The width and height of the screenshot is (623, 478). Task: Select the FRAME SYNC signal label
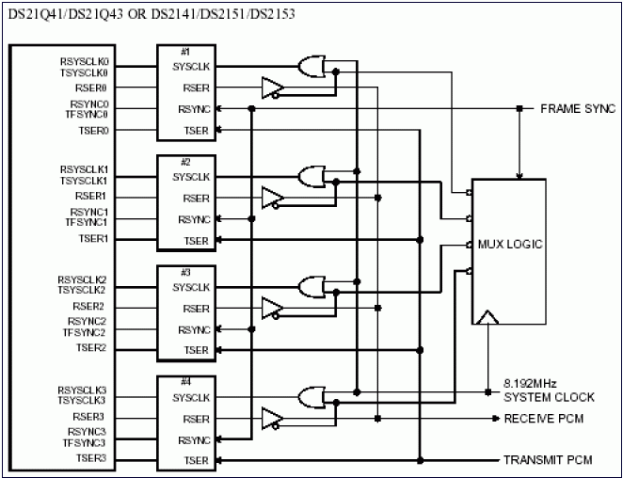pyautogui.click(x=577, y=109)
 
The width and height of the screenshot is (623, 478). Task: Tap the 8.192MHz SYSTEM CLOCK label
pyautogui.click(x=537, y=390)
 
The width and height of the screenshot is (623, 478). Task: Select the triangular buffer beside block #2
pyautogui.click(x=272, y=198)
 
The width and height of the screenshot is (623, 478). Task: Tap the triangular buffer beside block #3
pyautogui.click(x=272, y=308)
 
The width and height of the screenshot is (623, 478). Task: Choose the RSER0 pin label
pyautogui.click(x=92, y=87)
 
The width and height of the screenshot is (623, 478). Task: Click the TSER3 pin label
pyautogui.click(x=92, y=458)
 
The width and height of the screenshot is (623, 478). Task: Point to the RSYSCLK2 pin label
pyautogui.click(x=83, y=279)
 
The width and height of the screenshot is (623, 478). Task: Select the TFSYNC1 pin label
pyautogui.click(x=86, y=222)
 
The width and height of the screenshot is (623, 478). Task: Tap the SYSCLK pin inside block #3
pyautogui.click(x=191, y=287)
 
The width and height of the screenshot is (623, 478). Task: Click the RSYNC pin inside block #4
pyautogui.click(x=194, y=439)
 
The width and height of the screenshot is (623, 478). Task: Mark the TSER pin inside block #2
pyautogui.click(x=196, y=241)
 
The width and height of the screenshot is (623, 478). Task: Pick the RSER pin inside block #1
pyautogui.click(x=196, y=88)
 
